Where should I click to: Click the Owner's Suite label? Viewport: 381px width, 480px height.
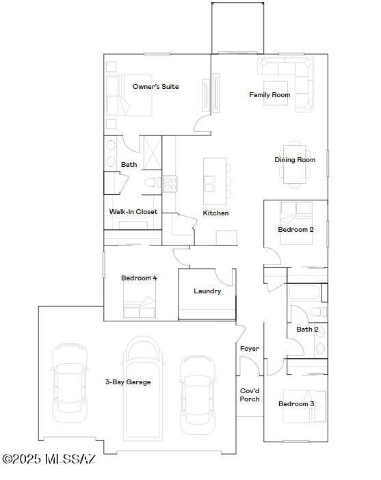(155, 87)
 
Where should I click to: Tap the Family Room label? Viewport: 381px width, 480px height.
(270, 95)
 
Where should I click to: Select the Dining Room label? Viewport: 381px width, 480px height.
(295, 160)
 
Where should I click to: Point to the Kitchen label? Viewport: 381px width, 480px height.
(215, 213)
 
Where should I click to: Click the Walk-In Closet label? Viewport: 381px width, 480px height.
(133, 212)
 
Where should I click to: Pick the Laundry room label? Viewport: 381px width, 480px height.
(207, 291)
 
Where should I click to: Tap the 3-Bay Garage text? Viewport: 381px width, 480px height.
(128, 382)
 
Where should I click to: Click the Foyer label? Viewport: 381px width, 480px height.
(249, 349)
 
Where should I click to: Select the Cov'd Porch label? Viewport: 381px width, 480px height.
(250, 395)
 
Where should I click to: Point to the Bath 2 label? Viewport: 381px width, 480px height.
(307, 330)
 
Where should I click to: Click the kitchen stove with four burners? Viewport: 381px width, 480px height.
(170, 184)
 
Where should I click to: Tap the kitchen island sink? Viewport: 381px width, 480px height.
(209, 184)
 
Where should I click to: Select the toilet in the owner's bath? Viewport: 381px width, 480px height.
(153, 183)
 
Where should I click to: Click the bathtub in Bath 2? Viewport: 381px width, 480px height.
(305, 293)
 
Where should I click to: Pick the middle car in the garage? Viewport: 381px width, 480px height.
(143, 389)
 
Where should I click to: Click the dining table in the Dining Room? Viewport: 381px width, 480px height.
(295, 164)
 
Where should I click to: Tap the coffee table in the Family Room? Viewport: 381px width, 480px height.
(276, 94)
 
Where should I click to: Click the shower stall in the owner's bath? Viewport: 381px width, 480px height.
(153, 152)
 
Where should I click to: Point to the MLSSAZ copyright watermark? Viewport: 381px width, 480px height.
(49, 459)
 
